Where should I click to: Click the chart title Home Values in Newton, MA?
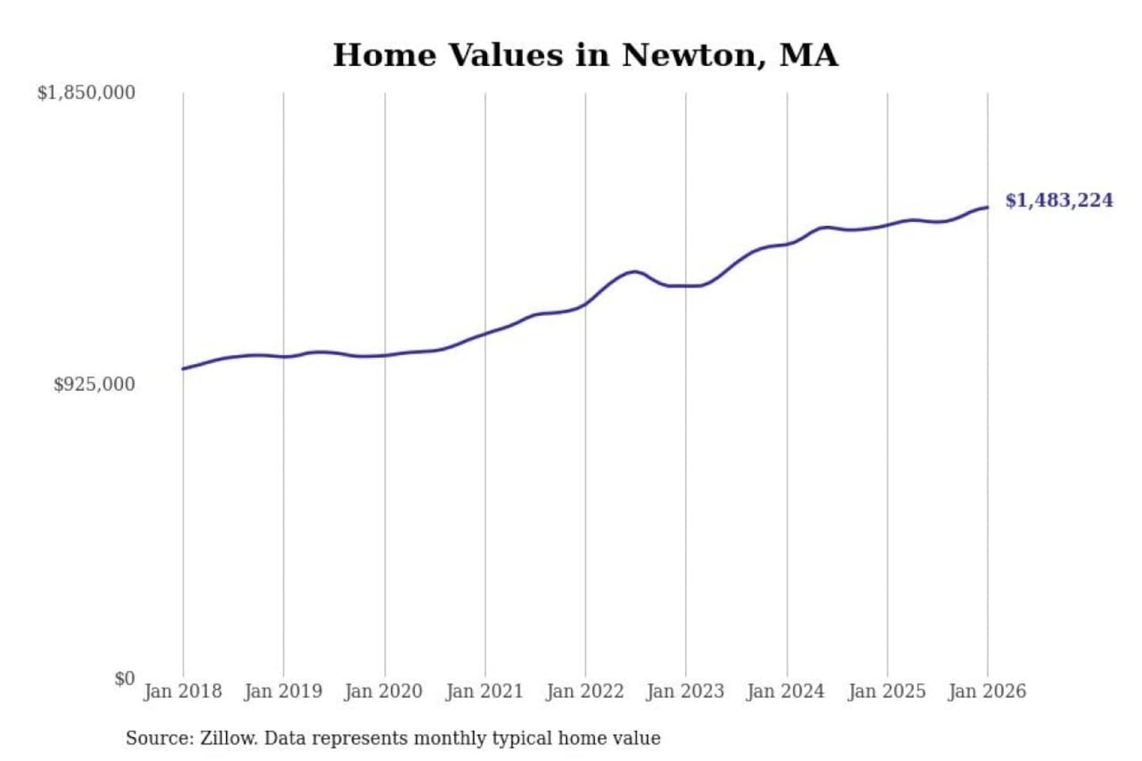[x=585, y=55]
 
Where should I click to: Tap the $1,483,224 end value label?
[x=1059, y=200]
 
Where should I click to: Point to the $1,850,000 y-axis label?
[x=86, y=93]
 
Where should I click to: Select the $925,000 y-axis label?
[x=94, y=384]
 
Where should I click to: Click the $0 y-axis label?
[x=125, y=679]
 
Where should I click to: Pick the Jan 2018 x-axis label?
[x=182, y=691]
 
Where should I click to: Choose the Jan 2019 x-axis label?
[x=283, y=691]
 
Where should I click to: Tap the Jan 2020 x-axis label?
[x=384, y=691]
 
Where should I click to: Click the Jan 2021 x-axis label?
[x=485, y=691]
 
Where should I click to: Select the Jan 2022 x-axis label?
[x=585, y=691]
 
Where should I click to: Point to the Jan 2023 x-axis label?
[x=686, y=691]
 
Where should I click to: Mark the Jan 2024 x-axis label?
[x=786, y=691]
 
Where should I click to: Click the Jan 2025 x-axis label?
[x=887, y=691]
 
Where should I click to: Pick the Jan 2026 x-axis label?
[x=987, y=691]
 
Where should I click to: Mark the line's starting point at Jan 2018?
[x=183, y=369]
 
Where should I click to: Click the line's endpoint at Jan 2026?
[x=987, y=208]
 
